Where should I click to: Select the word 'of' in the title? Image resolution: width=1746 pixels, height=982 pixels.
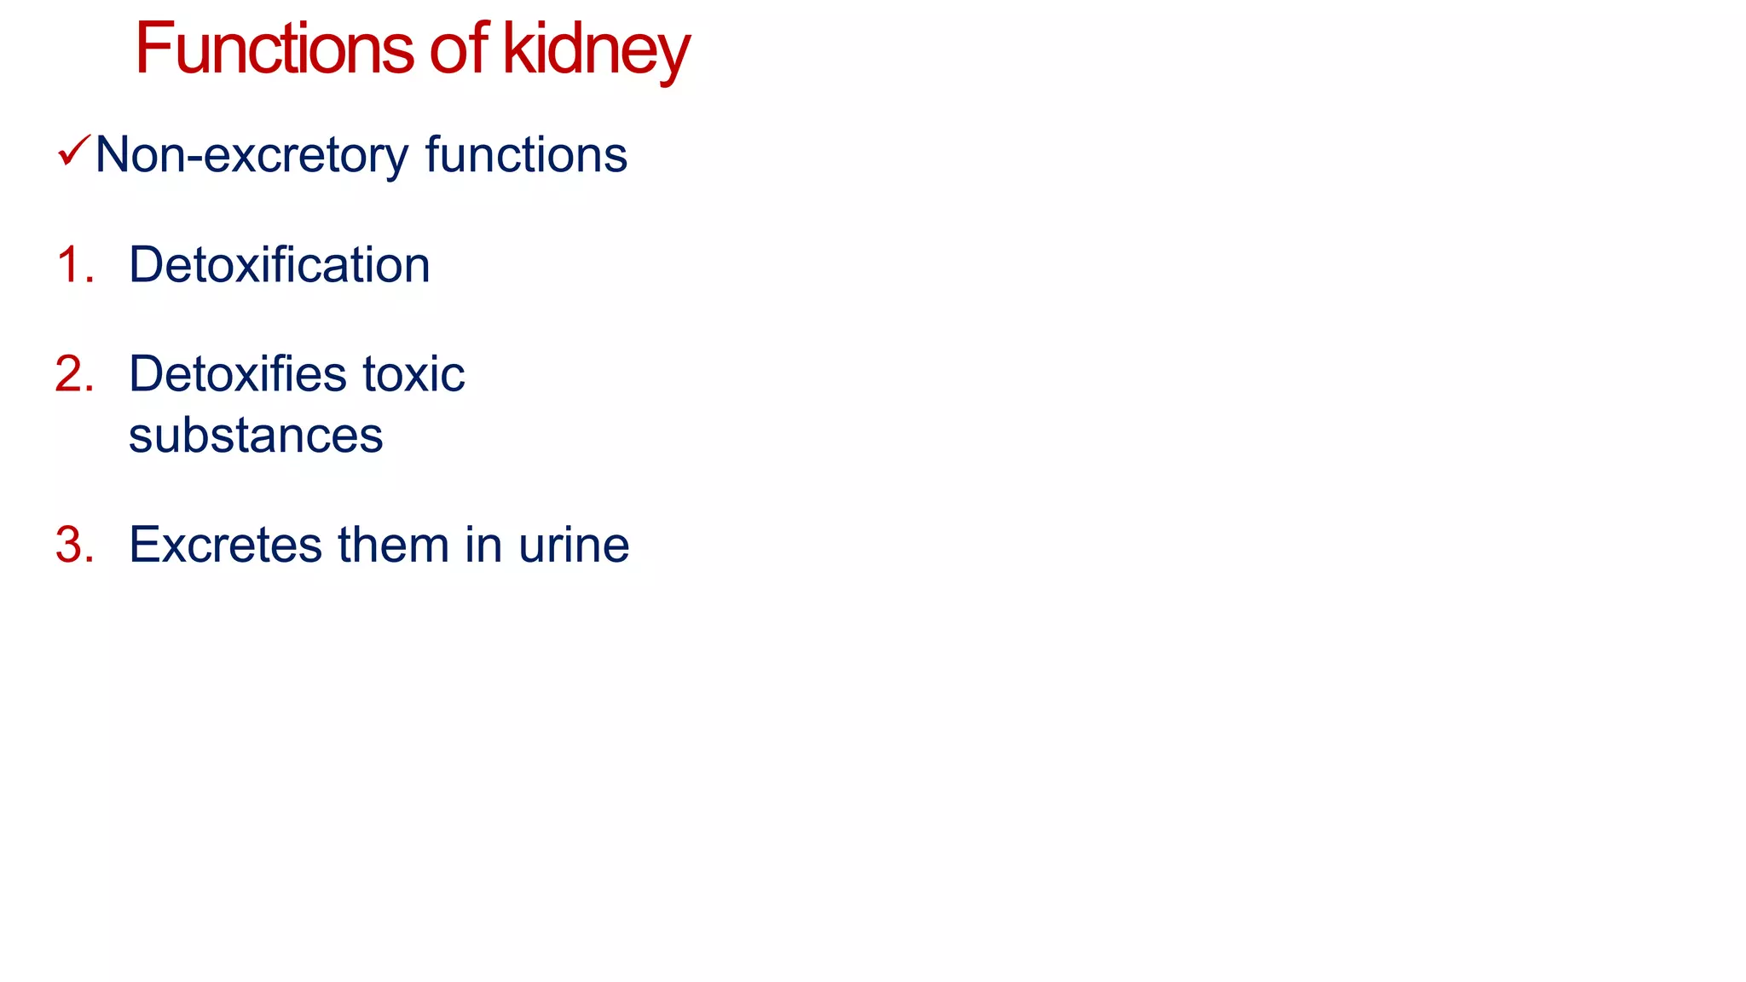459,49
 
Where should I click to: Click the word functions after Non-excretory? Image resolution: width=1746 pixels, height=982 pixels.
525,155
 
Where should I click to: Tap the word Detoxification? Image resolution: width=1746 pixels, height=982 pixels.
279,264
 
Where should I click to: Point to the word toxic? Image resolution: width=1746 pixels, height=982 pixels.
413,374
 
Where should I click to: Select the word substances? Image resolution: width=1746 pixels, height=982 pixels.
256,436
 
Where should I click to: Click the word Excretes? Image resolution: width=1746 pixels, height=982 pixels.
226,545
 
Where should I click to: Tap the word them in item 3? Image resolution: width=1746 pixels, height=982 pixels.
393,545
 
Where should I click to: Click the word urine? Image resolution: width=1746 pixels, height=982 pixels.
574,545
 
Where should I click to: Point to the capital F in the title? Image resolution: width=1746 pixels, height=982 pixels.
154,49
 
